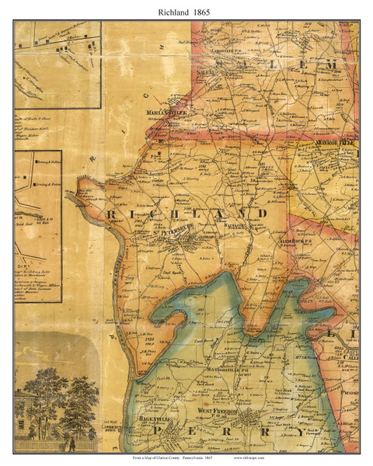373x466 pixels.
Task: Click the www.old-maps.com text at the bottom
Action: click(305, 458)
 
